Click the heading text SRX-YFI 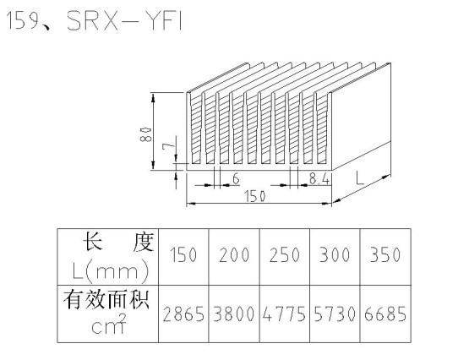(x=124, y=21)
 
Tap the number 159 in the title (x=23, y=21)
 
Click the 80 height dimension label (x=146, y=134)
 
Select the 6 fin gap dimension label (x=237, y=179)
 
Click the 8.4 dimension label (x=319, y=179)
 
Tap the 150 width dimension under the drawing (x=254, y=196)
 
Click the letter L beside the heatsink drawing (x=360, y=177)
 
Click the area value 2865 (x=183, y=314)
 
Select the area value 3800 (x=234, y=314)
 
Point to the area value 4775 (x=284, y=314)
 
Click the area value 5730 (x=335, y=314)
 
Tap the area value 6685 (x=385, y=314)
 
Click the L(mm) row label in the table (x=111, y=271)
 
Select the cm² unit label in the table (x=109, y=325)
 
